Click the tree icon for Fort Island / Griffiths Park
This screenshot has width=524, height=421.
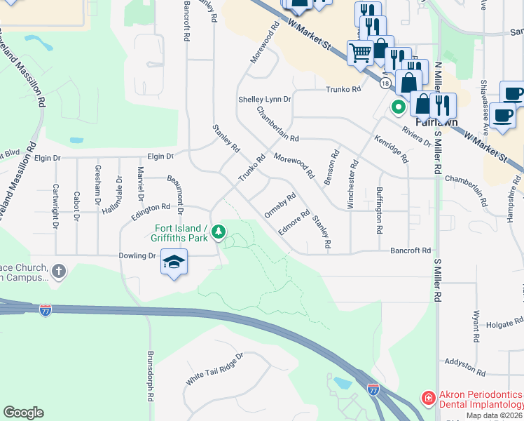coord(219,231)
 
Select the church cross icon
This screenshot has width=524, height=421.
coord(59,270)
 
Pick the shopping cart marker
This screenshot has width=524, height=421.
coord(360,51)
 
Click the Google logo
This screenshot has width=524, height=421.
coord(23,413)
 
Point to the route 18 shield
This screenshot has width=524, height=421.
coord(385,83)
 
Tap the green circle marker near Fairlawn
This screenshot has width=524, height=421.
coord(399,107)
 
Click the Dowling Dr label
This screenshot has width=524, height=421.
coord(142,256)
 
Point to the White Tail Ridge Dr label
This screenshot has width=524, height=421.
coord(214,369)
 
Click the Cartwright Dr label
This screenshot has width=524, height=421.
coord(55,207)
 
